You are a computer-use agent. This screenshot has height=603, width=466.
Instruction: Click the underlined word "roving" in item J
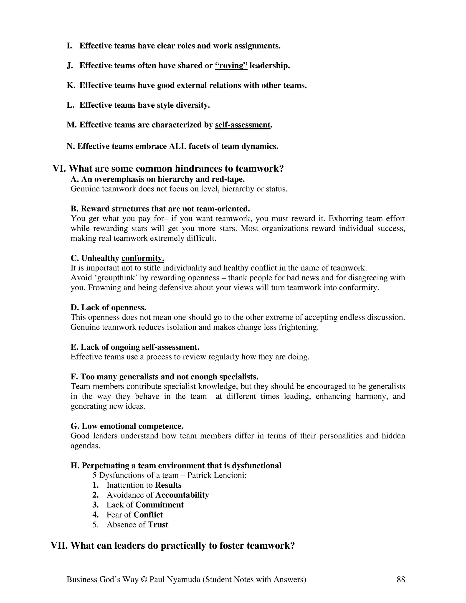tap(231, 66)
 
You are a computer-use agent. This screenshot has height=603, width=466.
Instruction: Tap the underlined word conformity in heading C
tap(143, 258)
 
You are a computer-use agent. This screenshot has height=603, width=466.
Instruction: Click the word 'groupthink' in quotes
tap(105, 278)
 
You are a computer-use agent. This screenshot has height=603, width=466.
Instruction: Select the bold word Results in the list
tap(168, 485)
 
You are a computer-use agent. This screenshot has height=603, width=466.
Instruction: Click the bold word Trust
tap(158, 524)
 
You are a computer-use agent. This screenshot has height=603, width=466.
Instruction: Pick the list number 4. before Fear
tap(96, 515)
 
